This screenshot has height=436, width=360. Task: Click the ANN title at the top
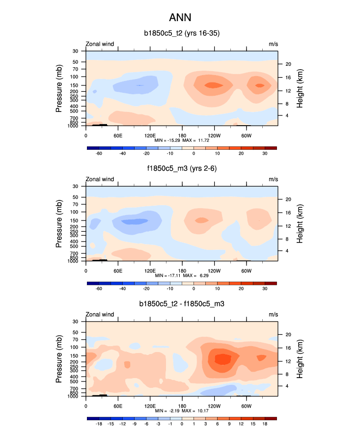180,18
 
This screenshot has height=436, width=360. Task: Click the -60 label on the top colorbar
98,153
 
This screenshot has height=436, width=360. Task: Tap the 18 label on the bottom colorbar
265,424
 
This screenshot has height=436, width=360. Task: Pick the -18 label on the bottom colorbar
98,424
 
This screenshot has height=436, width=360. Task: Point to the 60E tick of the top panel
118,135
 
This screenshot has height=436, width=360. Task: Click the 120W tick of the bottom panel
214,406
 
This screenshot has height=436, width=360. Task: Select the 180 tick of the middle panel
182,271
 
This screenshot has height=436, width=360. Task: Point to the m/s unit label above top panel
273,44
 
